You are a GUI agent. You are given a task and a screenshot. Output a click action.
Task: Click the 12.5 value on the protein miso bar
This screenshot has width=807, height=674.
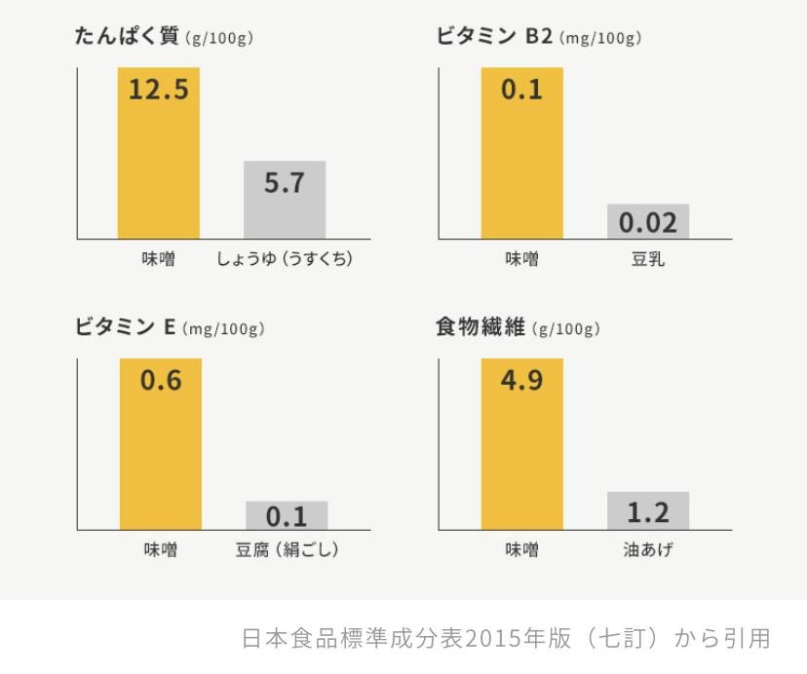click(158, 91)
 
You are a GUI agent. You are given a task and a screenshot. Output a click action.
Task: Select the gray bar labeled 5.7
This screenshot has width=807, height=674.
click(285, 200)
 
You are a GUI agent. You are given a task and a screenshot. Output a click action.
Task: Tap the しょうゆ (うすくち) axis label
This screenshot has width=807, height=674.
click(284, 259)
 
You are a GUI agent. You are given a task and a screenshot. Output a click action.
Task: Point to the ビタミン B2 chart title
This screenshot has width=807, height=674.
click(495, 37)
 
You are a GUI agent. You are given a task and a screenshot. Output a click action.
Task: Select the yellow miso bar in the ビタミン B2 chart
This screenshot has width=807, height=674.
click(521, 153)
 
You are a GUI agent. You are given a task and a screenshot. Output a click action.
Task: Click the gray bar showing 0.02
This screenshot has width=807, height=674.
click(648, 222)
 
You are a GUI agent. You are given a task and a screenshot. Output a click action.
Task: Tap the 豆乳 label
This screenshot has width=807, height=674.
click(648, 259)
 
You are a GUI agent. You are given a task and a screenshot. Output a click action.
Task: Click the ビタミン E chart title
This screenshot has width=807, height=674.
click(126, 328)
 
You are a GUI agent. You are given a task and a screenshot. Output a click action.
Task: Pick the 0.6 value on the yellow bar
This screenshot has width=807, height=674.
click(161, 381)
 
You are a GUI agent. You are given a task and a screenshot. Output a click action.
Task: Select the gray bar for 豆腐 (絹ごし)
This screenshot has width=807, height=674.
click(287, 515)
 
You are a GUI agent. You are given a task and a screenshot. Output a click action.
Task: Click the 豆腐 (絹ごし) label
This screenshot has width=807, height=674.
click(287, 550)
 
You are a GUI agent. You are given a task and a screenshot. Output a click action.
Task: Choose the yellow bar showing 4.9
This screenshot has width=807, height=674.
click(521, 444)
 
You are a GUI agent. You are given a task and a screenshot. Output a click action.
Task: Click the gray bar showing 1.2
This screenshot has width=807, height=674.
click(648, 511)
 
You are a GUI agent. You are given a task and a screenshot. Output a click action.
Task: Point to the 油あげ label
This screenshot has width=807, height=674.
click(648, 550)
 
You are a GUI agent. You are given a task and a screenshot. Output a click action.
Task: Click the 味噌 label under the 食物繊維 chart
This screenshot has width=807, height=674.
click(521, 550)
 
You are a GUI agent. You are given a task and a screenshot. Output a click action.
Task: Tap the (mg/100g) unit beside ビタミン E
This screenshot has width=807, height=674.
click(223, 330)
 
